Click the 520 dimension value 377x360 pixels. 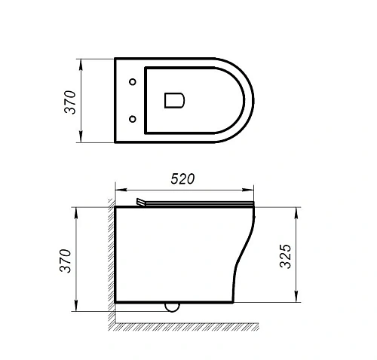(183, 179)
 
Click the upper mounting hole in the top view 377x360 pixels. (133, 81)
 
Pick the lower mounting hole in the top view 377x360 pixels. (133, 117)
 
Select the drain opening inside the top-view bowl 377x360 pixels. (173, 99)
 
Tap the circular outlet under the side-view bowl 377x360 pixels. (173, 307)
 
